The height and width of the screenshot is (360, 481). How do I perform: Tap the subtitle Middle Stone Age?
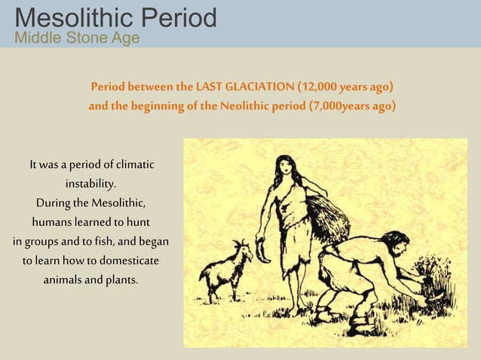(77, 38)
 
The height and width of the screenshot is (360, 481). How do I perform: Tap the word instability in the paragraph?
(90, 184)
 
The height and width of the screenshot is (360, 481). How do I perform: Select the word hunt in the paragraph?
(136, 223)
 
